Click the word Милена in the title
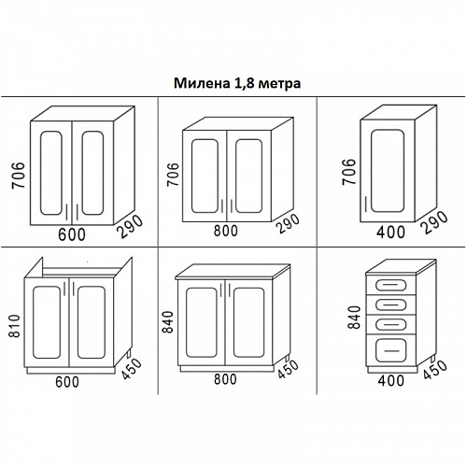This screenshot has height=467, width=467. (x=202, y=83)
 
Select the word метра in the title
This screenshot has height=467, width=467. (x=279, y=84)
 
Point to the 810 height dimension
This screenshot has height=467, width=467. (x=15, y=326)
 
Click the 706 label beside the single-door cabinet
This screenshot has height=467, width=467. (x=348, y=172)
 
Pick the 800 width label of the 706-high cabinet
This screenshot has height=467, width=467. (x=226, y=231)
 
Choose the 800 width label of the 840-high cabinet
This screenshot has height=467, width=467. (x=225, y=379)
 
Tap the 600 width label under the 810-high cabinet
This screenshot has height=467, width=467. (x=67, y=382)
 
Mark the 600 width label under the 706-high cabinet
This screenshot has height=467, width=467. (x=72, y=234)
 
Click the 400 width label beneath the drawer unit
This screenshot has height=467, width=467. (x=391, y=380)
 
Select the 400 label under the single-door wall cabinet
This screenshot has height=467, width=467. (x=390, y=233)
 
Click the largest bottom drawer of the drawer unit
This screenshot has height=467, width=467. (x=391, y=350)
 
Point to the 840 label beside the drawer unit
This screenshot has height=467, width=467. (x=354, y=318)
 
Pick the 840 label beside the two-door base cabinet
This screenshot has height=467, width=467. (x=167, y=322)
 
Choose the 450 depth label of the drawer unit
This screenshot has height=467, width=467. (x=435, y=370)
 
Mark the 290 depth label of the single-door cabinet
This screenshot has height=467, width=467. (x=433, y=222)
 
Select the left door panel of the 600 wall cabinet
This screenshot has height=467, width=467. (x=51, y=173)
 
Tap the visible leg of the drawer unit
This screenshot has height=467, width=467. (x=432, y=359)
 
